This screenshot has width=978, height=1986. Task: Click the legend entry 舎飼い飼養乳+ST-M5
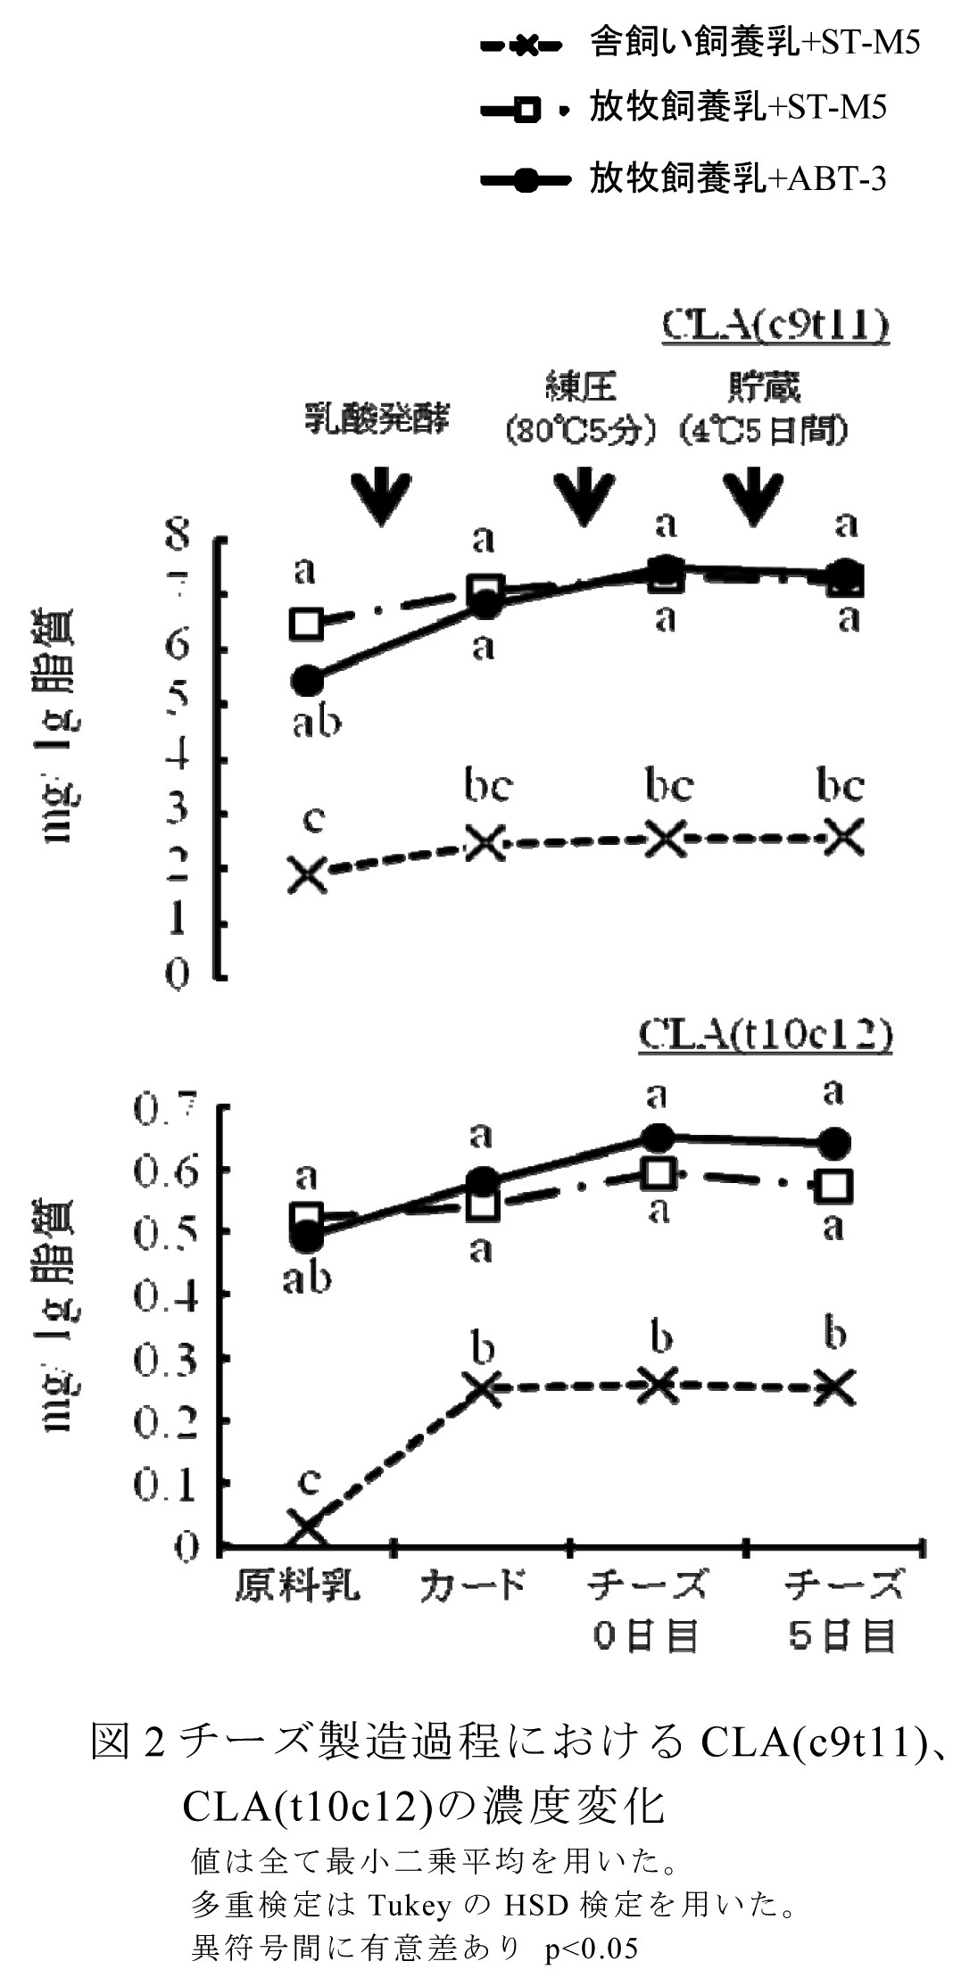click(x=754, y=43)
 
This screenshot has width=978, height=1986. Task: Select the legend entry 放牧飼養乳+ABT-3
click(x=737, y=179)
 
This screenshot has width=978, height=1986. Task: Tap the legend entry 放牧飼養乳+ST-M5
click(x=737, y=109)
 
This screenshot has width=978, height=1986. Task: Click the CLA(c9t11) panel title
click(x=775, y=327)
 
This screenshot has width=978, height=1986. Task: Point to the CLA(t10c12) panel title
click(x=767, y=1035)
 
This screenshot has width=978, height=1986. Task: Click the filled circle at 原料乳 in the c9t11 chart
click(x=307, y=682)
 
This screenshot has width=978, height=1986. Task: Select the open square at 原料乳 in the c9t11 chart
click(x=307, y=624)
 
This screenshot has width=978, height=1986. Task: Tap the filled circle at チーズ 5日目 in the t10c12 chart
click(x=834, y=1143)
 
